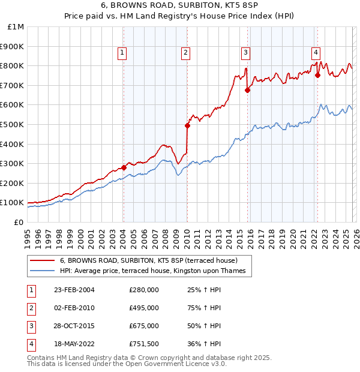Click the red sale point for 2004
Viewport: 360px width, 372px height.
[124, 167]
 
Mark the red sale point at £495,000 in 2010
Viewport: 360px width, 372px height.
[187, 125]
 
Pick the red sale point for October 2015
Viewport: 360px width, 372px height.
[247, 90]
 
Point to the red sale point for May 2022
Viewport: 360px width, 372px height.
[317, 75]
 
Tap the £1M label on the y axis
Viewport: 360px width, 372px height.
[17, 27]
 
